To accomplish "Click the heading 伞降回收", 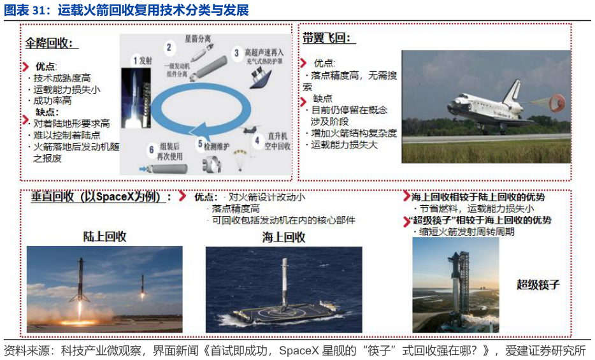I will pyautogui.click(x=52, y=43).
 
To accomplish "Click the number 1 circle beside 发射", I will pyautogui.click(x=135, y=61).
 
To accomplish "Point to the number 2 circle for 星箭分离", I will pyautogui.click(x=169, y=47).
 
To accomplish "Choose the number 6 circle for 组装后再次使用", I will pyautogui.click(x=152, y=150).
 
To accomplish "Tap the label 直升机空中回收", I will pyautogui.click(x=278, y=141).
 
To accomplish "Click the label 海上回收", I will pyautogui.click(x=283, y=238).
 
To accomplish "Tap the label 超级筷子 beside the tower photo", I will pyautogui.click(x=538, y=285).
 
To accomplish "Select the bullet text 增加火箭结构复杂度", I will pyautogui.click(x=354, y=133).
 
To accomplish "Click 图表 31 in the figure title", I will pyautogui.click(x=27, y=11).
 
